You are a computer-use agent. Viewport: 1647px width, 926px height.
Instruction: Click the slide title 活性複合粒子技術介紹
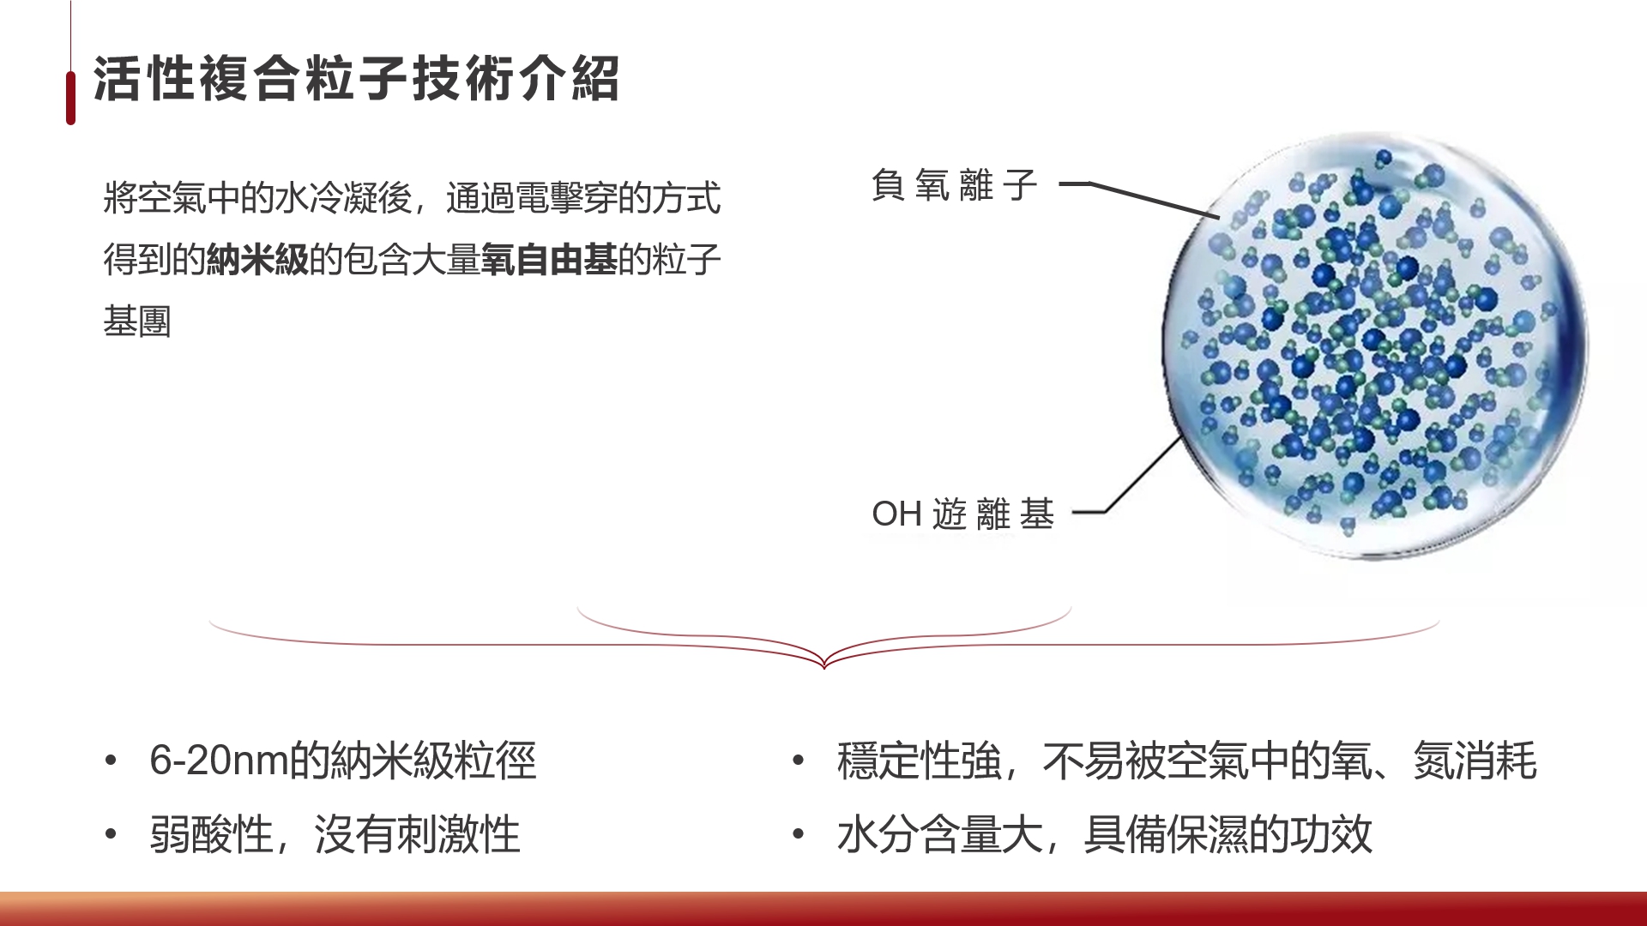356,79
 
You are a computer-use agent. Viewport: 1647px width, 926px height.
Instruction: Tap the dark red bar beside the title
70,98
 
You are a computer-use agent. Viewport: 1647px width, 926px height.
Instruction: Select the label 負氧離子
955,185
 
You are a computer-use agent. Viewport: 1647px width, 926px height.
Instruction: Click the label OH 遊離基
962,514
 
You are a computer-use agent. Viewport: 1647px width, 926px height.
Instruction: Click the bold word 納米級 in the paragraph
257,260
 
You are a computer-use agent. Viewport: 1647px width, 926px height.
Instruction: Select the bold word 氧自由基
549,260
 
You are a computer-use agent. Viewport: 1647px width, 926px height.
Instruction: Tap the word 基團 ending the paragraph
137,322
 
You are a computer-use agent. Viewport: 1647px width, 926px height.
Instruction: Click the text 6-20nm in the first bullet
220,761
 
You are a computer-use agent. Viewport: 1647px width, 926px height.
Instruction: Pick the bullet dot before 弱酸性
110,833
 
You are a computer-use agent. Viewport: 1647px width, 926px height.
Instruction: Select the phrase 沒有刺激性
418,834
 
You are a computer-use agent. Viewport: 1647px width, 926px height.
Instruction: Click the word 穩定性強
920,761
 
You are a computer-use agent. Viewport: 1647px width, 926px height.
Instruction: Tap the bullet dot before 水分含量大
798,833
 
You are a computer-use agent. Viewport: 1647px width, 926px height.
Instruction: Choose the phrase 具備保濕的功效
1228,834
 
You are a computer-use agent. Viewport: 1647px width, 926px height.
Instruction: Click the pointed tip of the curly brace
824,667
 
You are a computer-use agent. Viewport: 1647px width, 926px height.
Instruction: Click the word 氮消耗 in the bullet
1475,761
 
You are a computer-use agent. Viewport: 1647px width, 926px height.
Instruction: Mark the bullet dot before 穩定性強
798,760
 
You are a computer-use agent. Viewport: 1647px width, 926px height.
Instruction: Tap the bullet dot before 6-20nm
110,760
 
